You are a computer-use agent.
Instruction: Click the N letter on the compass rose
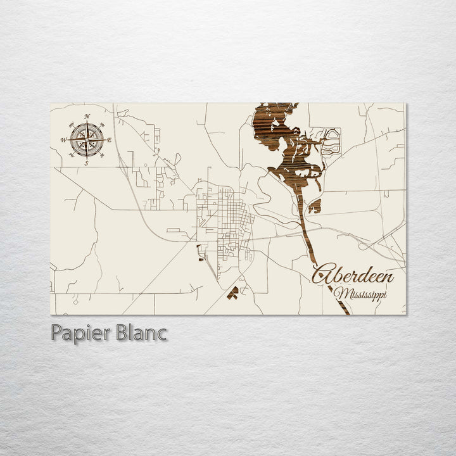(87, 116)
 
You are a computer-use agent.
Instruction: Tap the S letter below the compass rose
(87, 163)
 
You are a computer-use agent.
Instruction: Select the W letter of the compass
(63, 140)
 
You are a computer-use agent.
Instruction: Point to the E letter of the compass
(110, 140)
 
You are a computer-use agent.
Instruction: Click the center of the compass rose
(87, 139)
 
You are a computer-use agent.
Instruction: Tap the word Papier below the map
(79, 333)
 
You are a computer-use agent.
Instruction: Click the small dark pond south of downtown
(233, 293)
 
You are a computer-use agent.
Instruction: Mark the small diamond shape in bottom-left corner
(75, 301)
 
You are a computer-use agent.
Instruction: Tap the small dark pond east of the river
(315, 206)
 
